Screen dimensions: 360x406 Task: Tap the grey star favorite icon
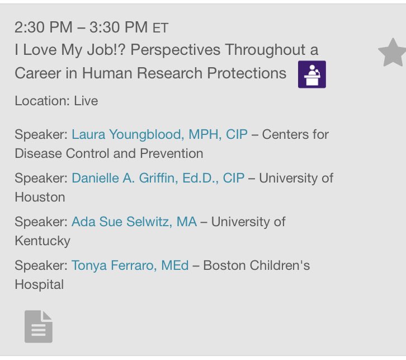pyautogui.click(x=391, y=54)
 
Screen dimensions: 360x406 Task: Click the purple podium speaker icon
pyautogui.click(x=311, y=74)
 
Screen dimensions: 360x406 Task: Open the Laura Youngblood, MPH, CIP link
pyautogui.click(x=159, y=134)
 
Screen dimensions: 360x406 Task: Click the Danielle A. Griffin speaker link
pyautogui.click(x=158, y=178)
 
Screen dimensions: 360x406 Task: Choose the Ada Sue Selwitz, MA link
pyautogui.click(x=134, y=222)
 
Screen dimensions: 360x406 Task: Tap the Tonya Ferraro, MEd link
pyautogui.click(x=130, y=265)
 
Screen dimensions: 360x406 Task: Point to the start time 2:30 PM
pyautogui.click(x=40, y=27)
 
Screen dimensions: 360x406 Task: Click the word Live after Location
pyautogui.click(x=86, y=101)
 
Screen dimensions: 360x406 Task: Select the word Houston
pyautogui.click(x=40, y=197)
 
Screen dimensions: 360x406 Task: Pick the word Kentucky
pyautogui.click(x=43, y=241)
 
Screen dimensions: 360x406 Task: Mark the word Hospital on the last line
pyautogui.click(x=39, y=284)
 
